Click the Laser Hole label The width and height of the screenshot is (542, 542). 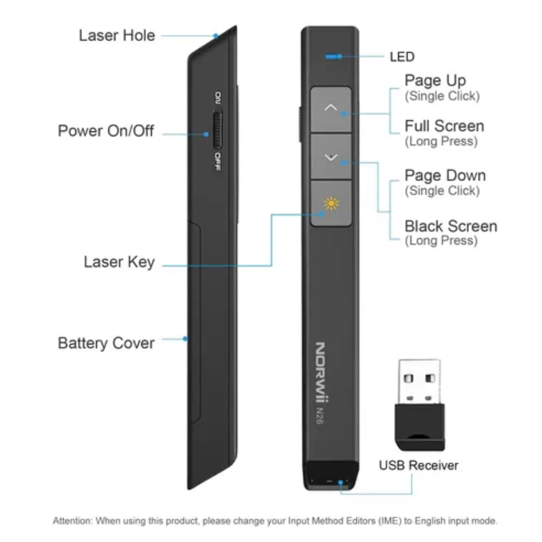(117, 36)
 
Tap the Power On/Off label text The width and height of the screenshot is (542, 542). (106, 131)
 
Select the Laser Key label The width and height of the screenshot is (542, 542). (119, 262)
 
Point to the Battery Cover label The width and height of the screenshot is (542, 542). (106, 343)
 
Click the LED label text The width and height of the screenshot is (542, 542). (402, 57)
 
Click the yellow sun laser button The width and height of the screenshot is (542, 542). (331, 204)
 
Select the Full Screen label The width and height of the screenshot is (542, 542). (444, 126)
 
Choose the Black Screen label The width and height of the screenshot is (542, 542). (450, 226)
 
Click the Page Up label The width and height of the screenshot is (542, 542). (435, 81)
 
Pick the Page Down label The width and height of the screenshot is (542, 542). (445, 176)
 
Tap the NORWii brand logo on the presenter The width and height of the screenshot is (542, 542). (321, 372)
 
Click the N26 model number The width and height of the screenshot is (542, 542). (319, 416)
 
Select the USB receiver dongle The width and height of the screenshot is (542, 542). (419, 404)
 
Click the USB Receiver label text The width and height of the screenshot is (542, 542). (418, 466)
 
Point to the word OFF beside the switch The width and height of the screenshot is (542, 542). (218, 162)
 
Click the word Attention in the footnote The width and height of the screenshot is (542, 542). (72, 521)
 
